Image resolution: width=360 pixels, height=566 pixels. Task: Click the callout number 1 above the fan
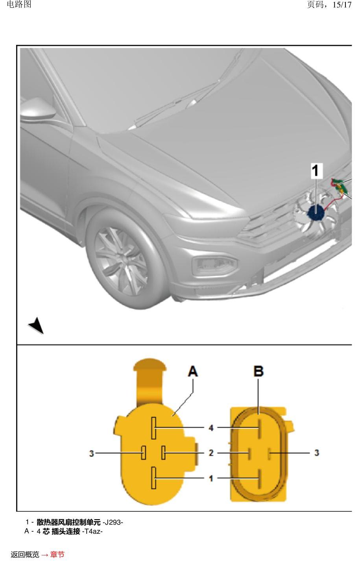click(316, 170)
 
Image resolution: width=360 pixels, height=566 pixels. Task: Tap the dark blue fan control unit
click(316, 213)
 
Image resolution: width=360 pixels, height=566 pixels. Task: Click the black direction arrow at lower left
click(37, 326)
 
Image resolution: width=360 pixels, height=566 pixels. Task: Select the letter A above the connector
click(193, 372)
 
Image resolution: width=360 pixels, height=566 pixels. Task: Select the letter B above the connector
click(258, 372)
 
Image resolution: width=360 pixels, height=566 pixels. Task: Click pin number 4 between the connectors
click(211, 428)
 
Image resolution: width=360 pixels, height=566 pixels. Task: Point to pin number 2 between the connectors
click(211, 453)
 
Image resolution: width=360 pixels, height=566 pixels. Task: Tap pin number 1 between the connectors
click(211, 478)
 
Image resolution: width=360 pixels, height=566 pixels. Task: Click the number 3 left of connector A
click(91, 453)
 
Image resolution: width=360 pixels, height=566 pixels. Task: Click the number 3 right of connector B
click(317, 453)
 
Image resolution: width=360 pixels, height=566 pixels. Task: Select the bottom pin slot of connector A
click(153, 478)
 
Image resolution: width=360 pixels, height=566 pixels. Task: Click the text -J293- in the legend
click(113, 522)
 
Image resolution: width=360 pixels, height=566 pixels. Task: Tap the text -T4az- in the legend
click(92, 531)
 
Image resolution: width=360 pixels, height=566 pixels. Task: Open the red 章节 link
click(57, 555)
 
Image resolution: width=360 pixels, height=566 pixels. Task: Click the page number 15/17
click(342, 5)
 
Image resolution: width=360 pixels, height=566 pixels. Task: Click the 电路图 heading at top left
click(19, 4)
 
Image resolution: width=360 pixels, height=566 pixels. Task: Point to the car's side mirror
click(38, 109)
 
